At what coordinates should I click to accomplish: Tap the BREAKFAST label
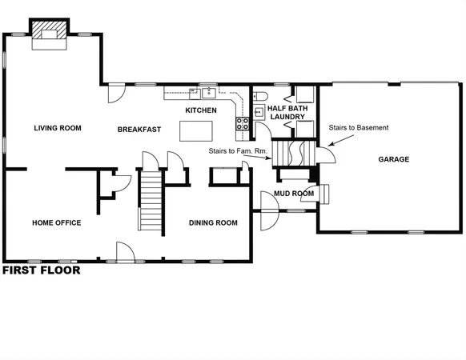[139, 129]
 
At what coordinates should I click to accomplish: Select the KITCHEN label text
[201, 110]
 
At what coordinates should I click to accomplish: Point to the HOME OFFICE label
[56, 222]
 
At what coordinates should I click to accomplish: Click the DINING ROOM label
[213, 222]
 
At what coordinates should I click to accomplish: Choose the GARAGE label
[393, 159]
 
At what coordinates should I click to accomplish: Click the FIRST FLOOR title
[41, 270]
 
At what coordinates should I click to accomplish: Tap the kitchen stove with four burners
[241, 123]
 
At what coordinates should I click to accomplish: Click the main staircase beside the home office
[151, 201]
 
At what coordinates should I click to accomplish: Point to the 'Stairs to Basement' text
[359, 128]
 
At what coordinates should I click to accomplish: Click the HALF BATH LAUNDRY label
[287, 111]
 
